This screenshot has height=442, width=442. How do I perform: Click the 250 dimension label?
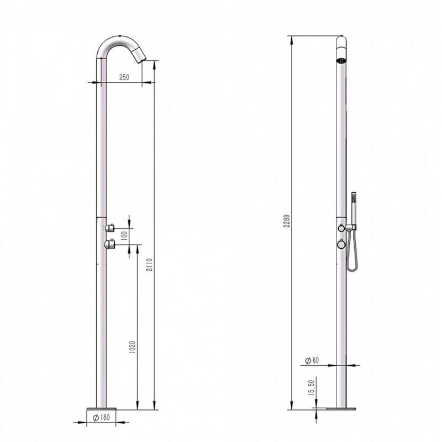[x=124, y=78]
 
